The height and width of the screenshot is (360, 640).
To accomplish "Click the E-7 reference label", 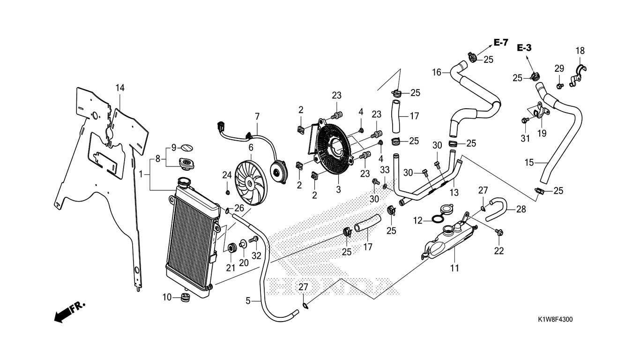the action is click(501, 43).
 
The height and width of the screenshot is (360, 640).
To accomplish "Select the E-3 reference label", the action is click(524, 48).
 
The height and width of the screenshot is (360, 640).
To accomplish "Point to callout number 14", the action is click(120, 88).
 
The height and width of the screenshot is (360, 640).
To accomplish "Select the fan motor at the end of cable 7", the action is click(279, 172).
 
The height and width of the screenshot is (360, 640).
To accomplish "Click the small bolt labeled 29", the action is click(559, 85).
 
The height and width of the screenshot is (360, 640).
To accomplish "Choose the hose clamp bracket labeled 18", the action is click(578, 76).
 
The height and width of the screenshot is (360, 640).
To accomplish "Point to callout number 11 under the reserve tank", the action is click(454, 268).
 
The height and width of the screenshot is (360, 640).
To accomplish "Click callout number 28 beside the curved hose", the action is click(521, 210).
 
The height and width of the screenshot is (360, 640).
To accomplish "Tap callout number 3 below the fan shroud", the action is click(339, 189).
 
